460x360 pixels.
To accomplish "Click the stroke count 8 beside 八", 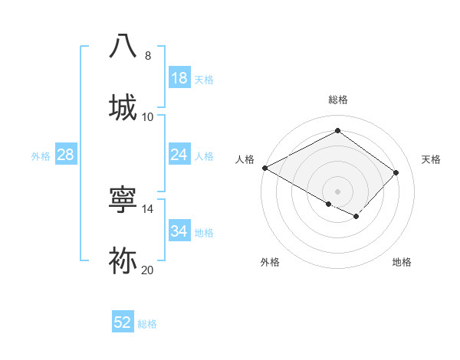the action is click(x=147, y=56).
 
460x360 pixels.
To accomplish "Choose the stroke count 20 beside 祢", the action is click(x=148, y=270).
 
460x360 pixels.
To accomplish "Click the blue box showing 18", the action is click(x=179, y=78).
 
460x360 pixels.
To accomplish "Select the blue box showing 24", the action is click(x=179, y=155).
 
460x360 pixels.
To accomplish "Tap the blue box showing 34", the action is click(x=179, y=231).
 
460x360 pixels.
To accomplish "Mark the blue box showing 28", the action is click(x=65, y=155).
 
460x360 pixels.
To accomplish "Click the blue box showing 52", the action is click(x=123, y=322).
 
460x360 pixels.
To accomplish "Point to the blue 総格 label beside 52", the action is click(x=147, y=324).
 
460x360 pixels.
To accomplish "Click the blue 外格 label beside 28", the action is click(x=41, y=156).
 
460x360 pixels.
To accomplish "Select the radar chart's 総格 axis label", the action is click(x=338, y=100).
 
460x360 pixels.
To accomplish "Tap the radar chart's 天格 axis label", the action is click(x=431, y=159).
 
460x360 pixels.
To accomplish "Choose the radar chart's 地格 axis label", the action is click(x=402, y=262).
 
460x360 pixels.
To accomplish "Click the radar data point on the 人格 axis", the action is click(x=264, y=168).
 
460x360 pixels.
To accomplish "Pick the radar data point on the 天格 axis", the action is click(x=396, y=172).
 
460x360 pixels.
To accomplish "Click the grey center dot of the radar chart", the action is click(x=337, y=191).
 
